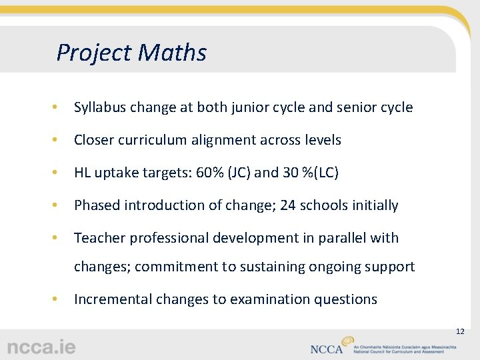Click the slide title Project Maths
point(131,53)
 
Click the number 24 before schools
point(288,205)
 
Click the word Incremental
point(113,299)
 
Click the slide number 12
point(459,331)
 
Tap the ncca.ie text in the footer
point(41,347)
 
